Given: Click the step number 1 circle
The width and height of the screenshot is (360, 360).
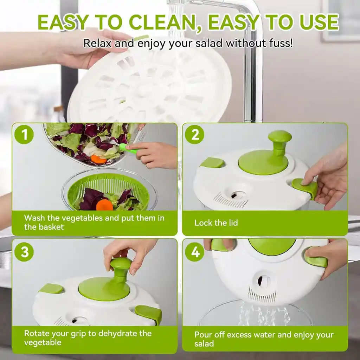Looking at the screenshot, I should (24, 135).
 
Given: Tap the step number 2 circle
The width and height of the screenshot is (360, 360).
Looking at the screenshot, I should (194, 135).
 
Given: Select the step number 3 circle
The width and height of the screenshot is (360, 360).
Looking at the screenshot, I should (24, 252).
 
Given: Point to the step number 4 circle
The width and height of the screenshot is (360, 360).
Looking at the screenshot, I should (194, 252).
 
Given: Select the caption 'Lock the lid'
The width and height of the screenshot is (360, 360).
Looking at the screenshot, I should (216, 223).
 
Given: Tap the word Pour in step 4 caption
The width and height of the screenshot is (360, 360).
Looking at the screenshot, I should (204, 335).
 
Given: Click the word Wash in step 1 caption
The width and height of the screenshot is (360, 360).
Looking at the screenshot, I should (34, 218).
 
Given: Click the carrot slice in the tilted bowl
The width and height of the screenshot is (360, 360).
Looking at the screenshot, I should (98, 159).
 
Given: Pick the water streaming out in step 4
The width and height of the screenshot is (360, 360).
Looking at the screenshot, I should (262, 315).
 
